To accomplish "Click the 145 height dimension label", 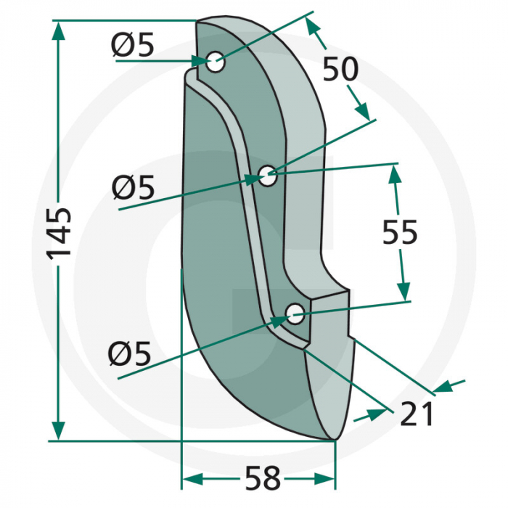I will point(59,233).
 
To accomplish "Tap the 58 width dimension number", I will point(261,479).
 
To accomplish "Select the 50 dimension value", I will point(340,70).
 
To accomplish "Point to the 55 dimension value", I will point(399,233).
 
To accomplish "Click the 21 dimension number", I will point(416,414).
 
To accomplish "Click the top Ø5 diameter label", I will point(133,46).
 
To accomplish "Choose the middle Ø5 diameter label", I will point(134,189).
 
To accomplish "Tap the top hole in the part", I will point(216,63).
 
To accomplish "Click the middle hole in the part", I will point(268,174).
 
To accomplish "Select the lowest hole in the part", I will point(295,314).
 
